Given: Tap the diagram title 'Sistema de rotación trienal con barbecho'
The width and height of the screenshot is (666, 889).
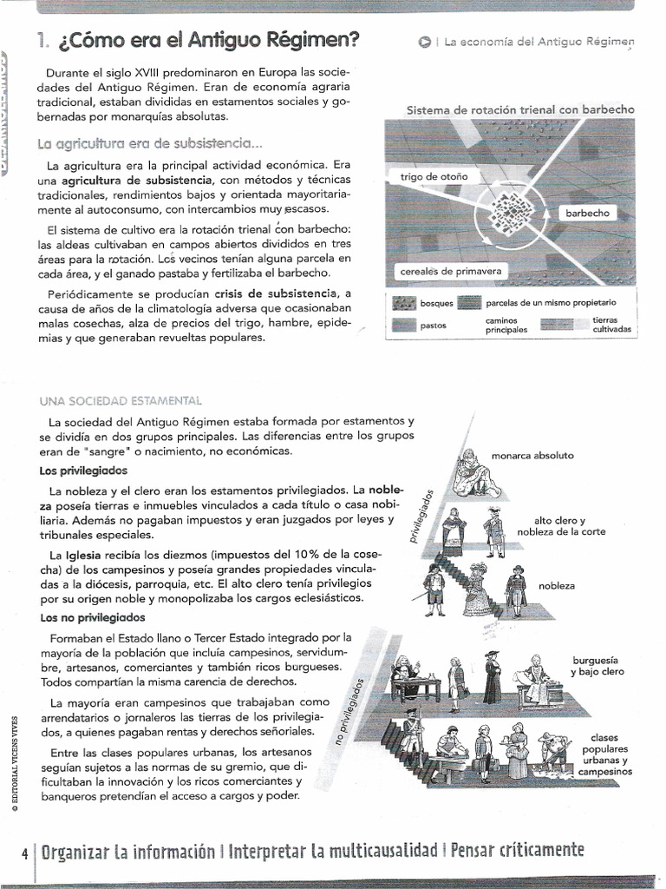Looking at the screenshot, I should (x=520, y=110).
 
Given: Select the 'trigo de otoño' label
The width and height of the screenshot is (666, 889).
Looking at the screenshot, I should (x=434, y=176).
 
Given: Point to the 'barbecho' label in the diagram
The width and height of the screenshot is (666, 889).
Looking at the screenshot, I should (x=587, y=213).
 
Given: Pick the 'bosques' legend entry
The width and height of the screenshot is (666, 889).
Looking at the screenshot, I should (x=436, y=303).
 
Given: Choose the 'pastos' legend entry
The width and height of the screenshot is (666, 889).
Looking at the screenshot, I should (x=433, y=326).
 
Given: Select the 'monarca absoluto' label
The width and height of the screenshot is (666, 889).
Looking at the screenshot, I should (x=532, y=455).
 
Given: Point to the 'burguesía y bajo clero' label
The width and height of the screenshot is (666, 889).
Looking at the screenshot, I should (x=597, y=666).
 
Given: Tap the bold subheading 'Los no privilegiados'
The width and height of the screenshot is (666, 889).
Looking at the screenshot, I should (x=93, y=618).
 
